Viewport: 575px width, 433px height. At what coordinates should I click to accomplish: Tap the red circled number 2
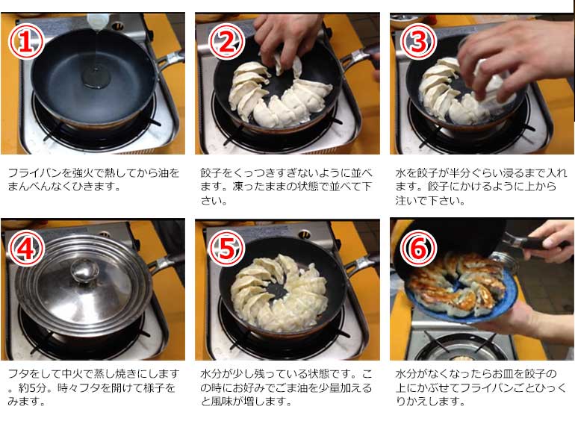pyautogui.click(x=225, y=44)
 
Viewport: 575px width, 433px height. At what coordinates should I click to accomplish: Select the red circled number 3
pyautogui.click(x=418, y=44)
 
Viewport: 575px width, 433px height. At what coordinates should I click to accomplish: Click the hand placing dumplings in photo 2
pyautogui.click(x=288, y=34)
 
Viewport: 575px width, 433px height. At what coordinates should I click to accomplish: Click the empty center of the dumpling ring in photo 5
pyautogui.click(x=278, y=292)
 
